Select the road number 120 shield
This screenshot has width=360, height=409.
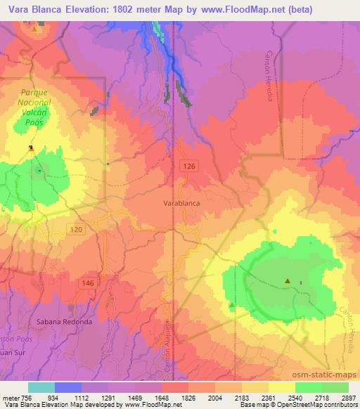pos(77,229)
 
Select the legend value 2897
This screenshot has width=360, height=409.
pos(349,397)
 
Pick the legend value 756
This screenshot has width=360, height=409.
pos(25,397)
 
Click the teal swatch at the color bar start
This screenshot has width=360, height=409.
pos(41,387)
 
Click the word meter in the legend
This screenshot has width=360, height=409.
pos(8,397)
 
